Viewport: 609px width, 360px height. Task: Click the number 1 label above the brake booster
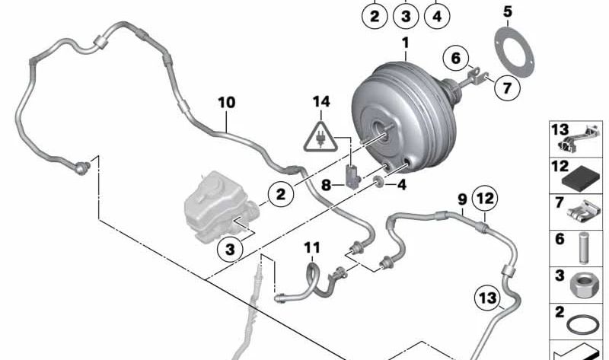(406, 43)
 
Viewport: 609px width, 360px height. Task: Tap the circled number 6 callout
(456, 58)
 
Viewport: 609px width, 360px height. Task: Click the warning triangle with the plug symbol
(321, 135)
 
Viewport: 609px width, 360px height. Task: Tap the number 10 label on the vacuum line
(227, 102)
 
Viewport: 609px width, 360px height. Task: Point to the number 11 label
(313, 247)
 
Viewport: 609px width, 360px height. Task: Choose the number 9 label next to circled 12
(462, 199)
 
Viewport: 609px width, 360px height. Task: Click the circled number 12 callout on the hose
(486, 199)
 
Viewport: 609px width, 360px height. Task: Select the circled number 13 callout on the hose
(486, 296)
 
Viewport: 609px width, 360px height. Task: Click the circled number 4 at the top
(436, 14)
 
